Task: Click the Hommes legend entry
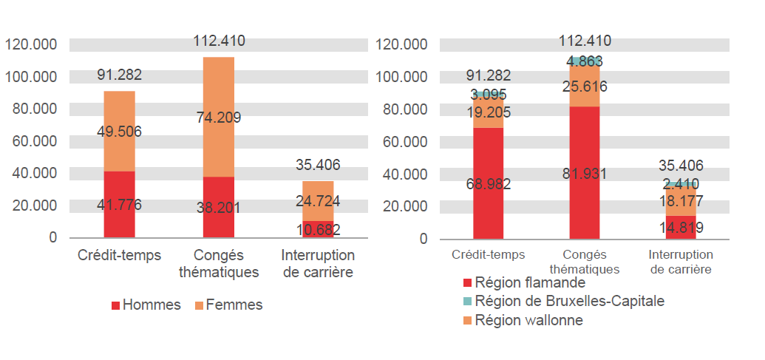[x=146, y=305]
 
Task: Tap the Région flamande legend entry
[x=523, y=282]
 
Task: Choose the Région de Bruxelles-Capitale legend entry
[x=562, y=302]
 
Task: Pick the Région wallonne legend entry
[x=521, y=321]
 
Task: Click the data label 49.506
[x=119, y=132]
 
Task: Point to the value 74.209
[x=218, y=117]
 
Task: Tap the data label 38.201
[x=218, y=208]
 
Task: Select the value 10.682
[x=318, y=230]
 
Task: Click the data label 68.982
[x=489, y=184]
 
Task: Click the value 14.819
[x=680, y=228]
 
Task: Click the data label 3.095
[x=489, y=95]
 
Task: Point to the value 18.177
[x=680, y=201]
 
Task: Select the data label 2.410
[x=680, y=184]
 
